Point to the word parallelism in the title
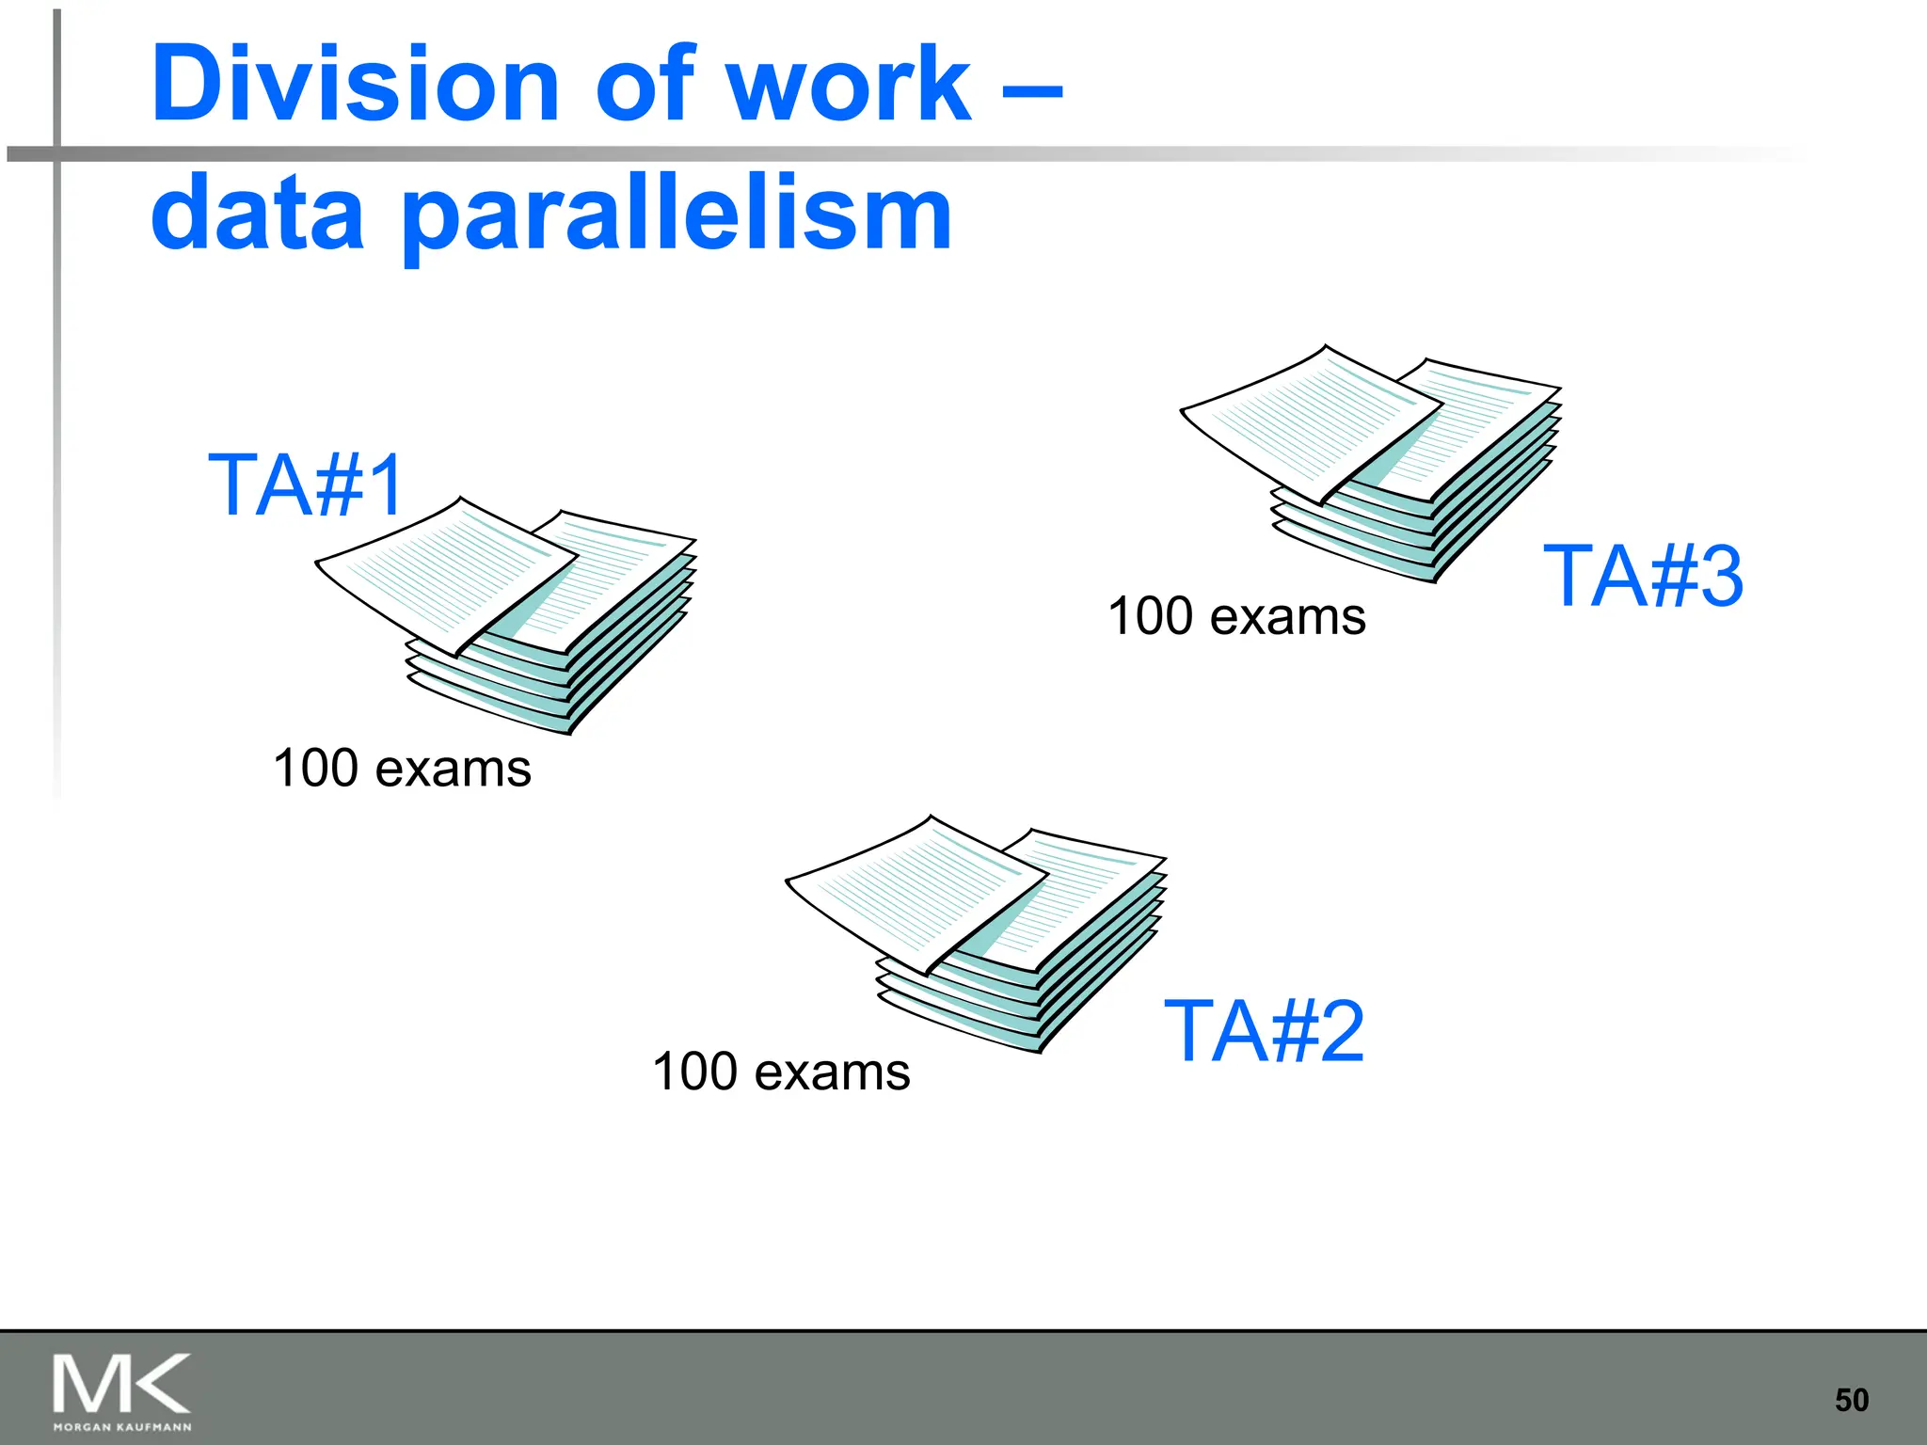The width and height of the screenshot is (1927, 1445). pyautogui.click(x=677, y=216)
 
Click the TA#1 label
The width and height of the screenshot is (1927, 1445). pyautogui.click(x=307, y=485)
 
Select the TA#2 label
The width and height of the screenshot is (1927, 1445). pyautogui.click(x=1264, y=1032)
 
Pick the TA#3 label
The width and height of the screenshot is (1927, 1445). pyautogui.click(x=1643, y=576)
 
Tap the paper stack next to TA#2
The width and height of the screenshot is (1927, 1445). pyautogui.click(x=979, y=931)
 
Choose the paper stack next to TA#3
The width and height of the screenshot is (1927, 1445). pyautogui.click(x=1374, y=461)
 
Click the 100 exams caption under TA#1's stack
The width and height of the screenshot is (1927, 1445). pyautogui.click(x=402, y=768)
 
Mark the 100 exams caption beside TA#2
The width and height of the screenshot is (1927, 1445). pyautogui.click(x=781, y=1072)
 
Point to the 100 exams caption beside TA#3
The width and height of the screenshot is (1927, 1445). pyautogui.click(x=1236, y=616)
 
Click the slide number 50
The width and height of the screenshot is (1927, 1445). pyautogui.click(x=1851, y=1400)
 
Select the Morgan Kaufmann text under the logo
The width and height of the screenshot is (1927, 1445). pyautogui.click(x=122, y=1427)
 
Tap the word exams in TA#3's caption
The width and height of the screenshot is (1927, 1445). pyautogui.click(x=1287, y=617)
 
